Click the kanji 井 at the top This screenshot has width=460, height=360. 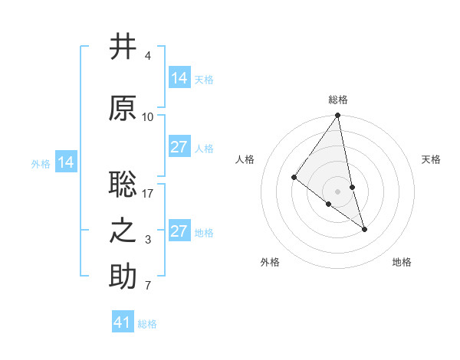click(123, 47)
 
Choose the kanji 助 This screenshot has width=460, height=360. click(123, 277)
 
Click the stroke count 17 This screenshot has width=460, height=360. click(148, 193)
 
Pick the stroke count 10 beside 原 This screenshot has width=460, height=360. click(148, 117)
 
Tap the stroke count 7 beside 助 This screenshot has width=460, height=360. click(147, 286)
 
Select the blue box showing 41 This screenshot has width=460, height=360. click(123, 322)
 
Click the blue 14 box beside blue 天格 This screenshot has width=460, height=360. click(179, 78)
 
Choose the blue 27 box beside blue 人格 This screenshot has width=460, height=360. click(179, 147)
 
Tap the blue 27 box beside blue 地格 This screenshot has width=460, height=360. click(179, 231)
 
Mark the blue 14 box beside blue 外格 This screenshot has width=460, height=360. click(66, 162)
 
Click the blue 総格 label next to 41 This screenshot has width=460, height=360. click(147, 324)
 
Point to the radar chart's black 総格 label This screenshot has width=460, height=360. click(338, 100)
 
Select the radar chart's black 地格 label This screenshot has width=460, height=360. click(402, 262)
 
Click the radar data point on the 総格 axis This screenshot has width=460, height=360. click(338, 116)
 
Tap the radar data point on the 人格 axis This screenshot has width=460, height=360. click(294, 178)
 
